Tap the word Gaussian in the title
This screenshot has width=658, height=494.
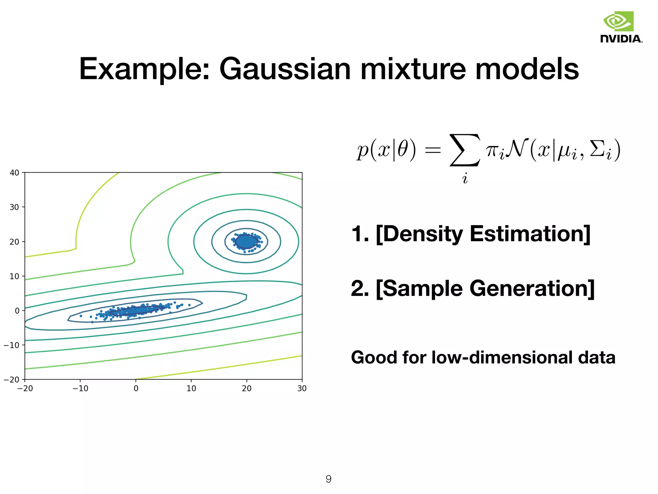(x=285, y=69)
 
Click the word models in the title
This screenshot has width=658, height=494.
(x=527, y=69)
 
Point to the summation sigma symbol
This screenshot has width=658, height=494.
(x=465, y=150)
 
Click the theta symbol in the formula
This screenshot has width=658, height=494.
(x=403, y=150)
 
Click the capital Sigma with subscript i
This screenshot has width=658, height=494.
(x=600, y=150)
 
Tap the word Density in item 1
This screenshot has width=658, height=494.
(x=423, y=234)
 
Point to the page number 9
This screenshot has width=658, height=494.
(x=328, y=479)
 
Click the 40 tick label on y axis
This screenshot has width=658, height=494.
(x=14, y=173)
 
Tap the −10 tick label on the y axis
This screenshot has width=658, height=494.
(x=12, y=345)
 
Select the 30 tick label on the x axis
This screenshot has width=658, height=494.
(x=302, y=389)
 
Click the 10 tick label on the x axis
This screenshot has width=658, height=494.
(x=191, y=389)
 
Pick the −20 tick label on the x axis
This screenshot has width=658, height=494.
(x=25, y=389)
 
